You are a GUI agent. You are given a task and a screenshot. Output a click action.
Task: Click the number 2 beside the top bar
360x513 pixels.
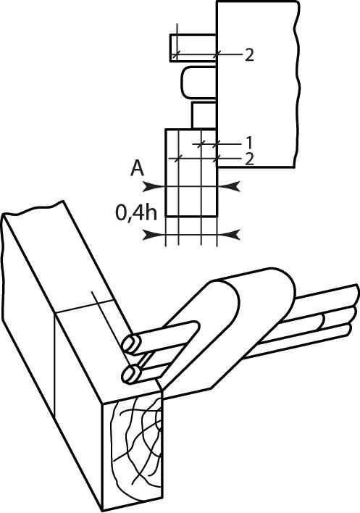[x=249, y=55]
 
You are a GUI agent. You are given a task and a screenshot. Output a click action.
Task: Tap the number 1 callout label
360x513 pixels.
[x=249, y=143]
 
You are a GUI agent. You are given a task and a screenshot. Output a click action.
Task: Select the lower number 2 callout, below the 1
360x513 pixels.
[x=249, y=159]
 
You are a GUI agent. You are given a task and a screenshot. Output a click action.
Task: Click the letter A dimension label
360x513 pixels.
[x=138, y=170]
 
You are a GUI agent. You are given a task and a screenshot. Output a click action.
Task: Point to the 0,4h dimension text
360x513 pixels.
[x=136, y=213]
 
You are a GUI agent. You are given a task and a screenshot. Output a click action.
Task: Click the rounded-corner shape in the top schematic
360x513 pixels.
[x=198, y=82]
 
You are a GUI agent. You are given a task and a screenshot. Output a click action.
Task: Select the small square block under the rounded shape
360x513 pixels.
[x=204, y=115]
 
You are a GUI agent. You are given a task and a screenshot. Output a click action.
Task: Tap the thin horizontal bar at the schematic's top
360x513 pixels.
[x=193, y=48]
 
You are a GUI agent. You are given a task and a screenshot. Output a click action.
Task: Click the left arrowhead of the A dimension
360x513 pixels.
[x=153, y=186]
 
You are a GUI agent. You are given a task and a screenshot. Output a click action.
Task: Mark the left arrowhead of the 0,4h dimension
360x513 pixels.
[x=153, y=235]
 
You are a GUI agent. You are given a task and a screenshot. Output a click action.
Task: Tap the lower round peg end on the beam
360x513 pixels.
[x=131, y=374]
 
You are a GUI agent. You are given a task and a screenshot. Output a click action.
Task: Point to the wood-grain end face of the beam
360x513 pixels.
[x=133, y=449]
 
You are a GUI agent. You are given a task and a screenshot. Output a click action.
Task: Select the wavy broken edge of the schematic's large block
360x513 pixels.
[x=296, y=84]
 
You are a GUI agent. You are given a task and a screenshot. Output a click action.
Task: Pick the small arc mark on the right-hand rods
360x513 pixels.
[x=323, y=321]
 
